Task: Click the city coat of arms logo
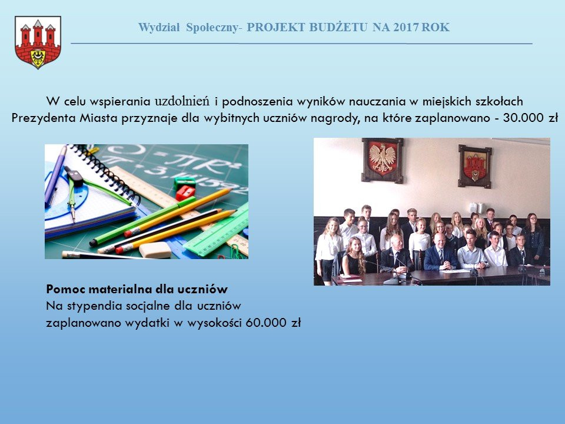point(38,43)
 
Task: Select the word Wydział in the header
point(160,27)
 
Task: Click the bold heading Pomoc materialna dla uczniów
point(137,289)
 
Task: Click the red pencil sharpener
point(185,191)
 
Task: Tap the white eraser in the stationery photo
point(155,250)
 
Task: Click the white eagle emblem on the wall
point(383,160)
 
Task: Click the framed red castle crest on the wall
point(475,165)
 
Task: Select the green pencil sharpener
point(184,181)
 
